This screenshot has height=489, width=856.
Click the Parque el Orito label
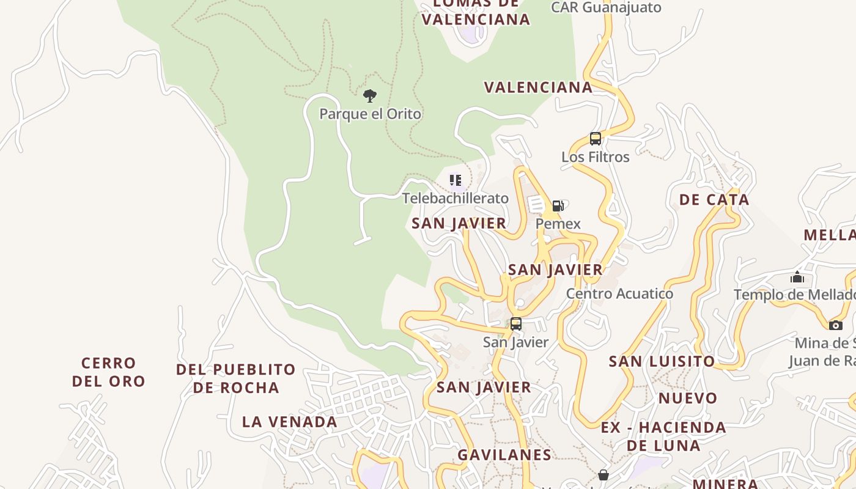(x=371, y=114)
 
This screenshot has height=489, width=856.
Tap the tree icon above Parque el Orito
(x=369, y=95)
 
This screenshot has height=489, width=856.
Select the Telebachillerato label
(x=455, y=198)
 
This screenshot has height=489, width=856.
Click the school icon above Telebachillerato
(x=455, y=180)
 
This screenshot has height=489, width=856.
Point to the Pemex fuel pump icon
(x=558, y=206)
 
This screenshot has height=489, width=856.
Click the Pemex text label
(x=558, y=224)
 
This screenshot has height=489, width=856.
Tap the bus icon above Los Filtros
(x=596, y=139)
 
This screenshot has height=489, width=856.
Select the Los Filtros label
(x=596, y=157)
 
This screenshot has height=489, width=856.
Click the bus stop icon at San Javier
(x=516, y=324)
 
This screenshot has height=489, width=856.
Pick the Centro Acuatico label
(x=619, y=293)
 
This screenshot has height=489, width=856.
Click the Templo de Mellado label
(x=794, y=295)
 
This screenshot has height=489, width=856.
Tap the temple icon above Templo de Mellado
(x=797, y=278)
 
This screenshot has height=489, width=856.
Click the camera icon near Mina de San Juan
(x=836, y=325)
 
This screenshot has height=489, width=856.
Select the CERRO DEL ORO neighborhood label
(x=109, y=372)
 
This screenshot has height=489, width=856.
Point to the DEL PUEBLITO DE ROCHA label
(x=236, y=378)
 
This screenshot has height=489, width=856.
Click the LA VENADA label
(x=290, y=422)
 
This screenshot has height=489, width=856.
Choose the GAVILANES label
(x=504, y=455)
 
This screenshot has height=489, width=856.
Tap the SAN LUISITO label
(x=662, y=361)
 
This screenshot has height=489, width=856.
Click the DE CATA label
(x=714, y=200)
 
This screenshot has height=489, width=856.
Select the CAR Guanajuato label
(x=606, y=7)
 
